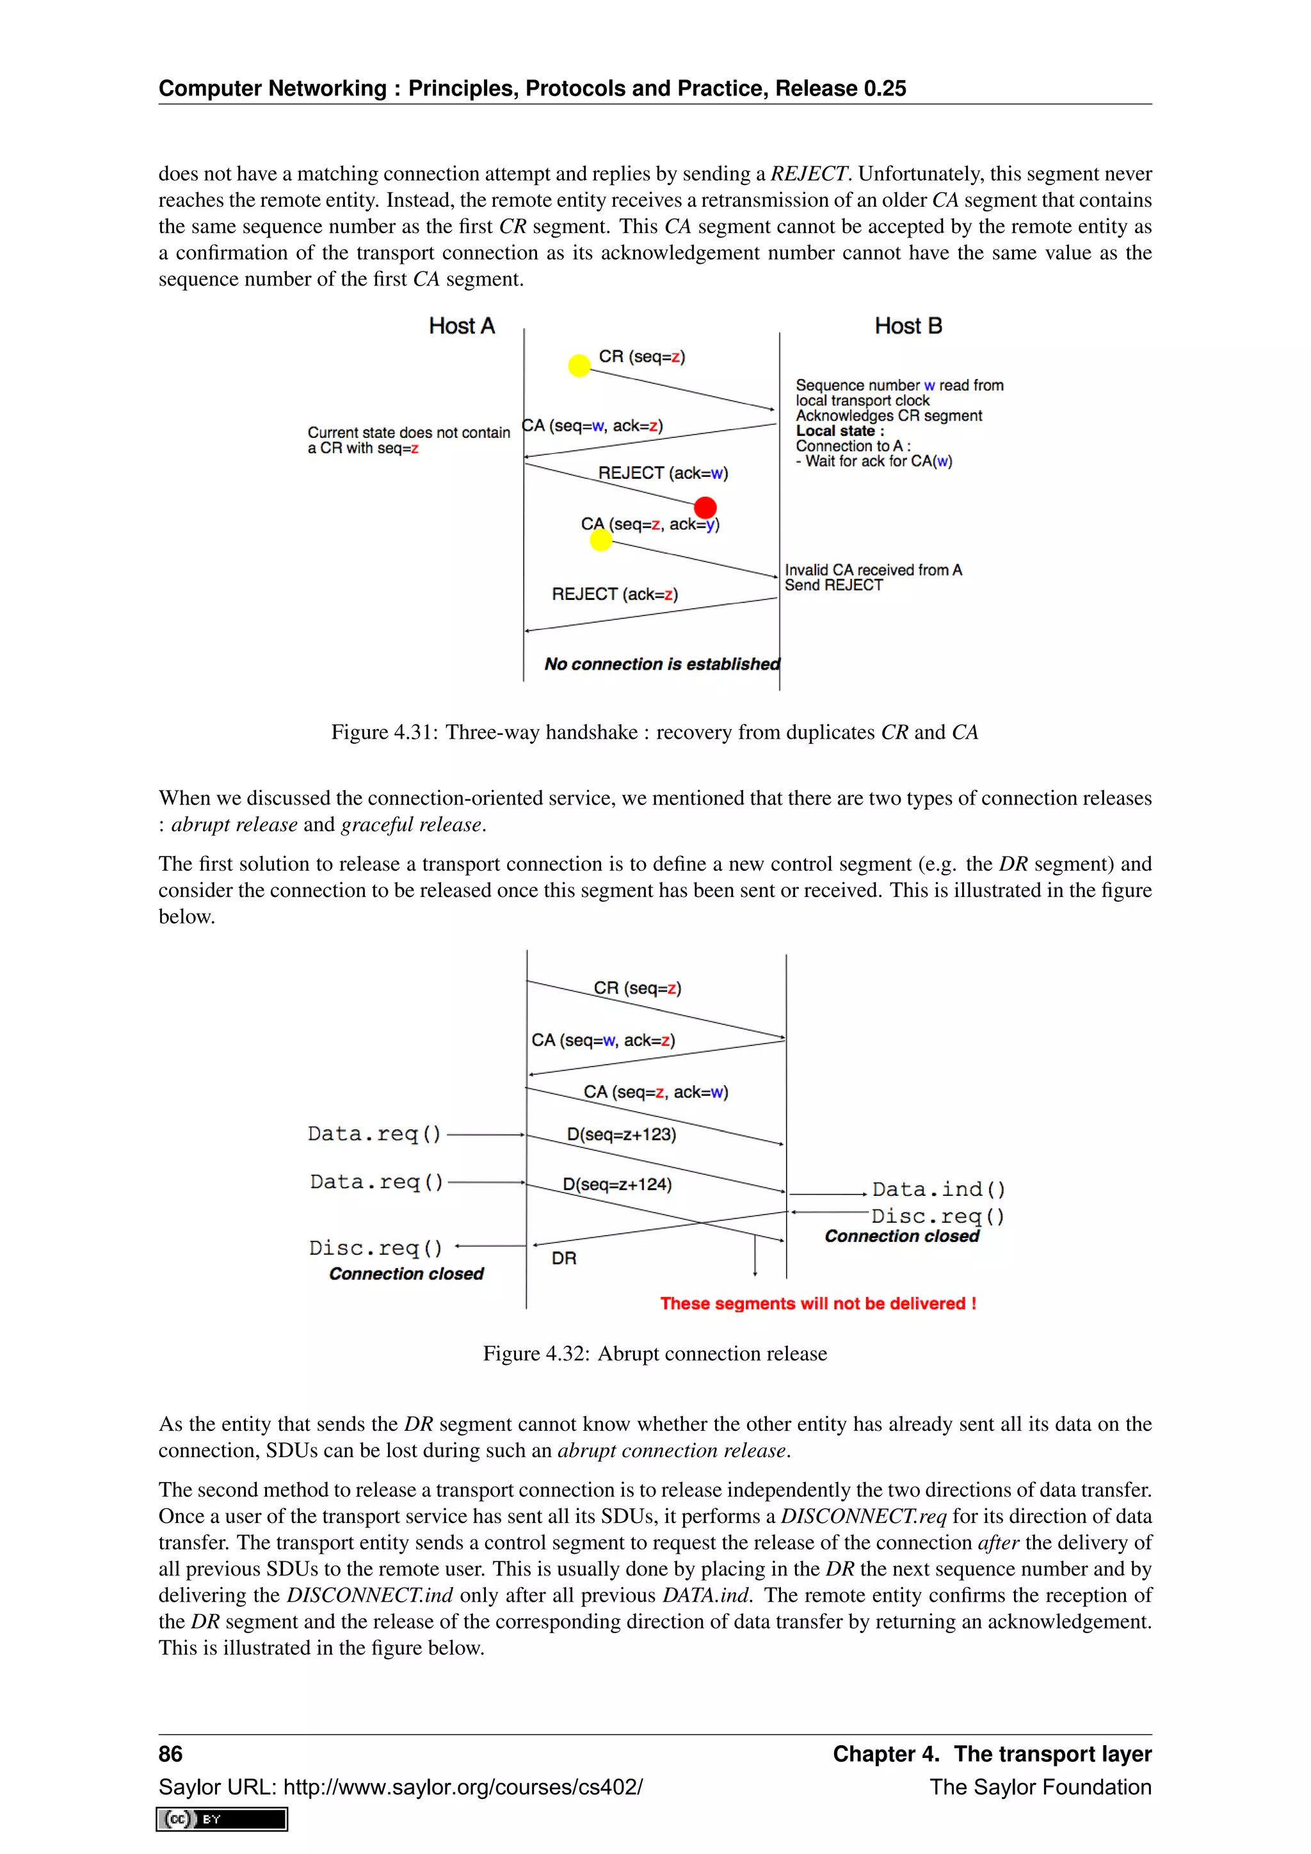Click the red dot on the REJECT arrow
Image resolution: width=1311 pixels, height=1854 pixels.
[705, 507]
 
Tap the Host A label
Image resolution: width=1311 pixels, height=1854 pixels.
[461, 326]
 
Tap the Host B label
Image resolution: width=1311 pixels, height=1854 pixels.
[908, 326]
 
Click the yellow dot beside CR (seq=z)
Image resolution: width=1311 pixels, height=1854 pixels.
[579, 366]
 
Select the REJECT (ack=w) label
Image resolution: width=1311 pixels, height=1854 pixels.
[663, 473]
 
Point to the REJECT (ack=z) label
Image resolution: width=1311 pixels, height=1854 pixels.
[615, 594]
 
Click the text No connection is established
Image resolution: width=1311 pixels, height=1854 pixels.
[662, 664]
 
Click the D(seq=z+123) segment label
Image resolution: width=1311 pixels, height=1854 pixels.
[621, 1134]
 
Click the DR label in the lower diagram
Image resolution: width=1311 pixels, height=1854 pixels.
[563, 1259]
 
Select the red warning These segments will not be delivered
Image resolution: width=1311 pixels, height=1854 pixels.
[817, 1304]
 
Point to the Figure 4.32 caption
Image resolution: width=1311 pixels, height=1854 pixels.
[655, 1354]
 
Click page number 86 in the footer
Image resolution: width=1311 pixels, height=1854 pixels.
[170, 1754]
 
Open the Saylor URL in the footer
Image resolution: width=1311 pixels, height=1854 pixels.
[400, 1787]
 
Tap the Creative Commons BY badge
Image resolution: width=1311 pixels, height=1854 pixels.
[222, 1819]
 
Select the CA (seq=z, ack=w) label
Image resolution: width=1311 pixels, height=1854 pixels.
[655, 1093]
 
